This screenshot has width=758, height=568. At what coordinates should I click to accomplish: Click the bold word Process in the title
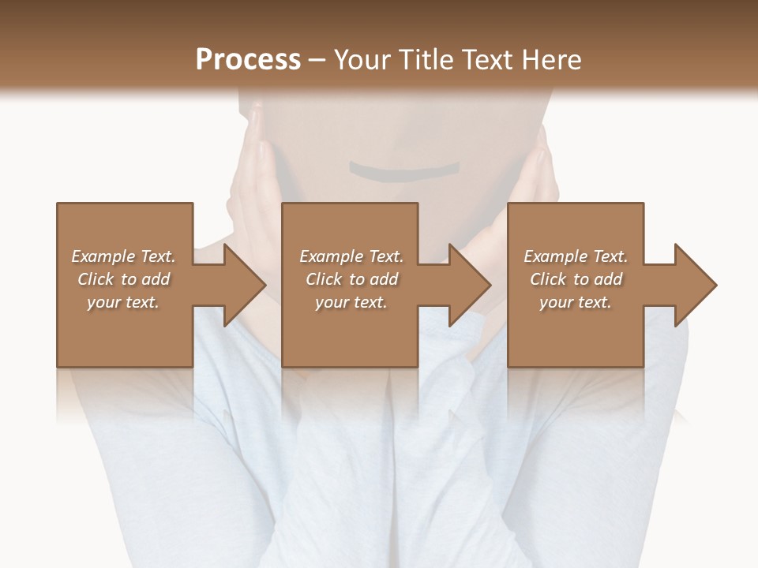[248, 60]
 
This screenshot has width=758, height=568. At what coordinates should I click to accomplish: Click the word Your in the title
[363, 60]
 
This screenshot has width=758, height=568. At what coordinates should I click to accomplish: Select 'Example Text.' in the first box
[123, 256]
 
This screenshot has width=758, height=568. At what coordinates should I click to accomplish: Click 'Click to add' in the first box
[123, 279]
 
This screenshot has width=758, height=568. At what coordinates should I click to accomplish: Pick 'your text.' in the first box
[123, 302]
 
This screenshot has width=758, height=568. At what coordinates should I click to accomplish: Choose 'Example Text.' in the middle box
[351, 256]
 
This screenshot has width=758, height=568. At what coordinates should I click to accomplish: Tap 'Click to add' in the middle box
[351, 279]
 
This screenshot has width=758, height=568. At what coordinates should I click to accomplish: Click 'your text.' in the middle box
[351, 302]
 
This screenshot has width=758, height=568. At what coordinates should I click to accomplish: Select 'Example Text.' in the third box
[576, 256]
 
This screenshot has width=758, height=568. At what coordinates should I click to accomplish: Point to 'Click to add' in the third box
[576, 279]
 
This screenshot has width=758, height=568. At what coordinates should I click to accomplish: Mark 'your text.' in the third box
[576, 302]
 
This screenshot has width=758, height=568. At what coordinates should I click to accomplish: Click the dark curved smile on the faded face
[404, 170]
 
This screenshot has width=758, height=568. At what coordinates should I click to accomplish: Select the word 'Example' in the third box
[556, 256]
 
